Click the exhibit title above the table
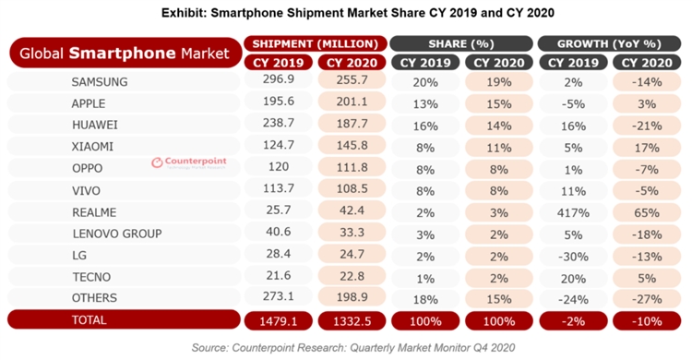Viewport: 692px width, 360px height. (x=346, y=12)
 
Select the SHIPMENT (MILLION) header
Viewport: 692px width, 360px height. (x=314, y=43)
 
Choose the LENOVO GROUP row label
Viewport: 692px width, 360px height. (x=117, y=232)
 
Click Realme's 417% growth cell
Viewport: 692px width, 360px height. (x=574, y=210)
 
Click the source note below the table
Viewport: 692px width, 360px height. (x=346, y=347)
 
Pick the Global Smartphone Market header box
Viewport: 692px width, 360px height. (x=124, y=54)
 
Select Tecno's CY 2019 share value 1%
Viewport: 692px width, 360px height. (x=426, y=275)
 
